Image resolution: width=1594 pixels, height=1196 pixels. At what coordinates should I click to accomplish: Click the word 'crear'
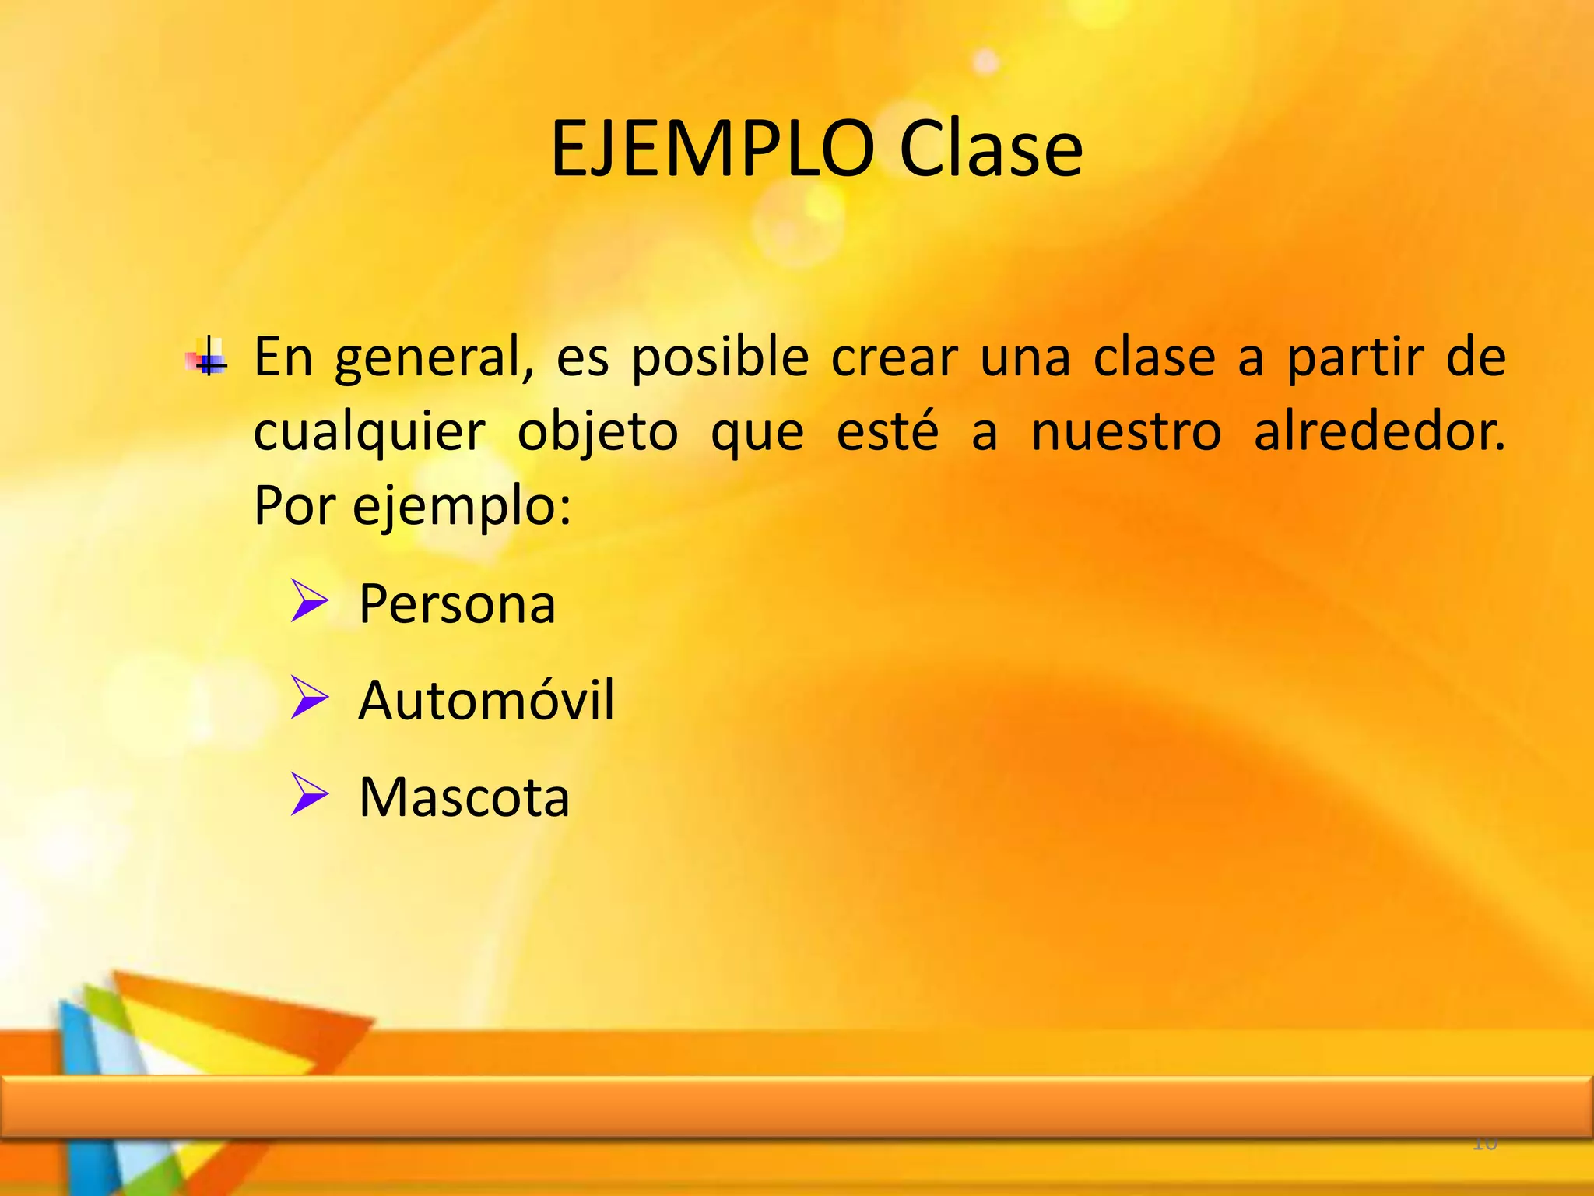point(894,358)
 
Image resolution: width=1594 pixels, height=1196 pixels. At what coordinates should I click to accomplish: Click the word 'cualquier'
point(370,433)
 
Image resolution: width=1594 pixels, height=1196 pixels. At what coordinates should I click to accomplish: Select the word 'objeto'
point(597,433)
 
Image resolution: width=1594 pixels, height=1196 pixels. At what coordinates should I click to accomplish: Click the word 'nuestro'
point(1126,433)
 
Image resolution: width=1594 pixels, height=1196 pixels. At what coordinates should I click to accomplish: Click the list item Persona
point(457,604)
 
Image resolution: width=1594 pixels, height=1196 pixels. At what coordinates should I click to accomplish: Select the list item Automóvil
point(486,700)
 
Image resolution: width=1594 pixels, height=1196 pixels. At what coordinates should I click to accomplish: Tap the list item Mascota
point(464,797)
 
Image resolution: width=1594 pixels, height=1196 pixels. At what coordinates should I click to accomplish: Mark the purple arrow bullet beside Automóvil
point(309,697)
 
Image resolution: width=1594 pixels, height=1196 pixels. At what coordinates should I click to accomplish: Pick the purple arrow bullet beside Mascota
point(309,794)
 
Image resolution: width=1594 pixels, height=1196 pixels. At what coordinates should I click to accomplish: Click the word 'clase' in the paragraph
point(1154,358)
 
